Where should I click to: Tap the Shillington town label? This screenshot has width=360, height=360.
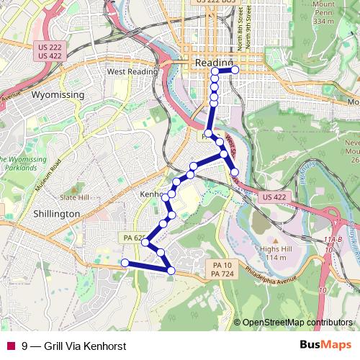[55, 215]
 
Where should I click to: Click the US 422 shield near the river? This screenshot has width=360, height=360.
[275, 197]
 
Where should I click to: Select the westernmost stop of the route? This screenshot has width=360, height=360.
[125, 264]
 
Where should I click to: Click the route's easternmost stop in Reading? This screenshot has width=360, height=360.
[235, 70]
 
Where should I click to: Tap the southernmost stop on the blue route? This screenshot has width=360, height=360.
[171, 270]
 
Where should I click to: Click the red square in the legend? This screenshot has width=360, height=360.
[10, 345]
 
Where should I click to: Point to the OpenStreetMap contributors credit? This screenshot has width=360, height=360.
[298, 323]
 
